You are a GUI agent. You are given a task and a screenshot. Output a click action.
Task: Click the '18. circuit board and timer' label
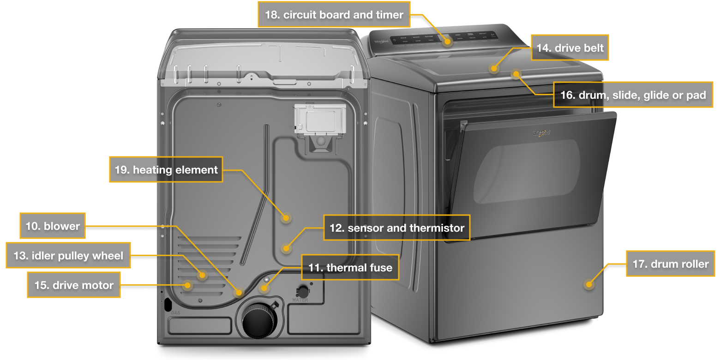pyautogui.click(x=334, y=15)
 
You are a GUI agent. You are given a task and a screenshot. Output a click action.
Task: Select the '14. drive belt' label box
pyautogui.click(x=570, y=48)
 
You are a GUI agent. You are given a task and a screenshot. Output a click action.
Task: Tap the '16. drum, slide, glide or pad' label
pyautogui.click(x=633, y=95)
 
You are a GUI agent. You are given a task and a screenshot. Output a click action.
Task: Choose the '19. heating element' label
pyautogui.click(x=166, y=170)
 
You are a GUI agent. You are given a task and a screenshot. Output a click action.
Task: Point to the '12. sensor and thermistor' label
pyautogui.click(x=396, y=228)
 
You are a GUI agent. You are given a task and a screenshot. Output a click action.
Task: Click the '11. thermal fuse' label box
pyautogui.click(x=350, y=267)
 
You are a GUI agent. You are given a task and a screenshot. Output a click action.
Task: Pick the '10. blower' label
pyautogui.click(x=53, y=226)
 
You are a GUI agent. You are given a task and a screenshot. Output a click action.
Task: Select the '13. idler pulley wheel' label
pyautogui.click(x=68, y=255)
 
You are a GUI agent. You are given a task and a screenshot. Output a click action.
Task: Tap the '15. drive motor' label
pyautogui.click(x=74, y=285)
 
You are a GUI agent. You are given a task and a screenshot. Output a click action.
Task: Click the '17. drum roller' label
pyautogui.click(x=670, y=264)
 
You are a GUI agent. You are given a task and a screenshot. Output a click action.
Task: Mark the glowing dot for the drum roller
pyautogui.click(x=588, y=284)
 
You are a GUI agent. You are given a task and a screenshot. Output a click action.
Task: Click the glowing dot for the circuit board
pyautogui.click(x=448, y=42)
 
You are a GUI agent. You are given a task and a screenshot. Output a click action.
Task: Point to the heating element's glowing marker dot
pyautogui.click(x=286, y=217)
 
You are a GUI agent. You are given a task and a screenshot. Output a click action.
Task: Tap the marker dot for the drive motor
pyautogui.click(x=187, y=285)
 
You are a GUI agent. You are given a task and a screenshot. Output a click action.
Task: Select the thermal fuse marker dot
pyautogui.click(x=264, y=289)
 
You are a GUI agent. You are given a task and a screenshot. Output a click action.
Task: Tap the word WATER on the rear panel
pyautogui.click(x=300, y=300)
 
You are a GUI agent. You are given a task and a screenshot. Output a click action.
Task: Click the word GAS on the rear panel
pyautogui.click(x=175, y=313)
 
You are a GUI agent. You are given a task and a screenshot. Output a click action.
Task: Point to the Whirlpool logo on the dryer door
pyautogui.click(x=541, y=133)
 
